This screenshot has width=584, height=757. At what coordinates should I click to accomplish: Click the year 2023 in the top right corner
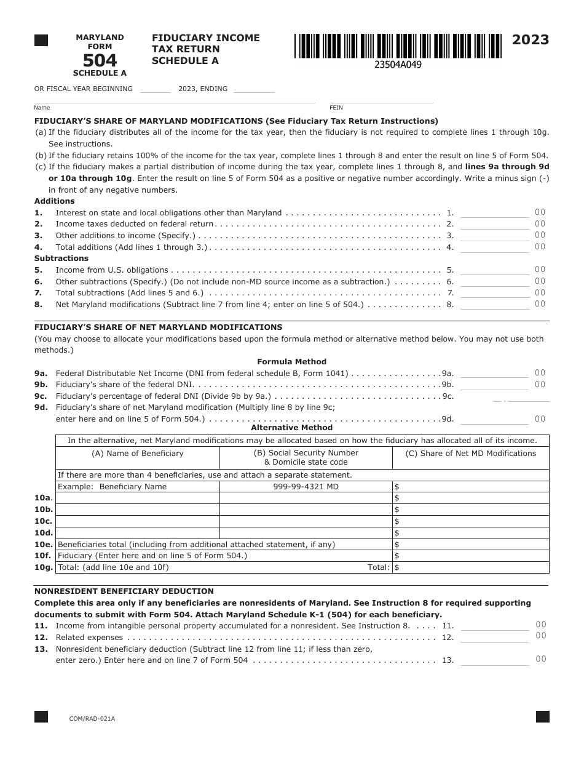click(531, 41)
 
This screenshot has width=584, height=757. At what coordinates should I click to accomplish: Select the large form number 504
click(100, 60)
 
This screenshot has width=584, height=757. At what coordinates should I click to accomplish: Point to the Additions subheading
click(55, 201)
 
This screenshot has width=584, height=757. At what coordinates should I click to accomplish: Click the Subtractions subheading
click(61, 258)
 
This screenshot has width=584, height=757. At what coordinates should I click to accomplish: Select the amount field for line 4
click(494, 247)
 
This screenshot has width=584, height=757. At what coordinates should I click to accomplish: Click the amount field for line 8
click(494, 304)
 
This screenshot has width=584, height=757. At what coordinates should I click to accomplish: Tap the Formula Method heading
click(291, 362)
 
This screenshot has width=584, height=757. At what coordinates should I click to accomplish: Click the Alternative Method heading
click(291, 428)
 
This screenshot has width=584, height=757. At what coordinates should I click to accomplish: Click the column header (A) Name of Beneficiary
click(138, 454)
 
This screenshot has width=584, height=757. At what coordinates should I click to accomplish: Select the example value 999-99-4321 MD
click(306, 487)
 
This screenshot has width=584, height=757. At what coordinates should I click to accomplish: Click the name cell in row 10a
click(138, 498)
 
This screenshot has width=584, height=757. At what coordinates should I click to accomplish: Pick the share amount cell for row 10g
click(471, 567)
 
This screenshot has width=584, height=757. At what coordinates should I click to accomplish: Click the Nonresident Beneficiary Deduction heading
click(124, 591)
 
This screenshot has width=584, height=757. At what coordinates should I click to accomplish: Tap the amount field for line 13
click(494, 660)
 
